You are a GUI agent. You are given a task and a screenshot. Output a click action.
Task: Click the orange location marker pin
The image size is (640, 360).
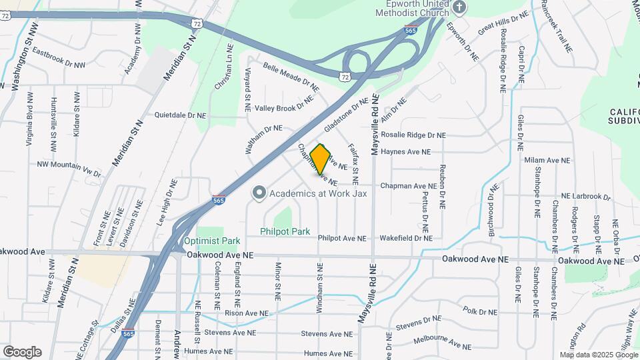coord(321,159)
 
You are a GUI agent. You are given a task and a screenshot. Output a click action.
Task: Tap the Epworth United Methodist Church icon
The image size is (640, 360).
coord(458,7)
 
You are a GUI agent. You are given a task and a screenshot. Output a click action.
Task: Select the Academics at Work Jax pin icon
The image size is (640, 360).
coord(259,193)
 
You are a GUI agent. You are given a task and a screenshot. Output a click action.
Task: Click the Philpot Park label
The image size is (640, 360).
coord(285,232)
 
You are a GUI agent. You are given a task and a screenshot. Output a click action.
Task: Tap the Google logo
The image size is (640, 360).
coord(22,351)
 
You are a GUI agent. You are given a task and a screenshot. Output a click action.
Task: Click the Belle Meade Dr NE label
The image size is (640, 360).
coord(291,77)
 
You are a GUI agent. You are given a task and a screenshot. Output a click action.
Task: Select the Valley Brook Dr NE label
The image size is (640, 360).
coord(283,107)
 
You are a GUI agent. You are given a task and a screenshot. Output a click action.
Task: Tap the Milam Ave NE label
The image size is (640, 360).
coord(547,161)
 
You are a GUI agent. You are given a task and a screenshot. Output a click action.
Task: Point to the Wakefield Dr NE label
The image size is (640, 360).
coord(406,238)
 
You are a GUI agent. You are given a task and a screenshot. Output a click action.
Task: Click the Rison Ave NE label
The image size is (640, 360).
coord(247,313)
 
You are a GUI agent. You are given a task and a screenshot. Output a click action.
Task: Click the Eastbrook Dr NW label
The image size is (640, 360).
coord(59,58)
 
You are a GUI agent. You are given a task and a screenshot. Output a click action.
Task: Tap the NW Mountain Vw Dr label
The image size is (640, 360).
coord(69,169)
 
